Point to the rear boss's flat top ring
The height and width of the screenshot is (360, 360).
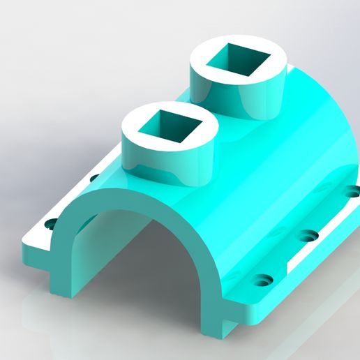204,63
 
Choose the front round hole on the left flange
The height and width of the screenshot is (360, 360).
50,225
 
